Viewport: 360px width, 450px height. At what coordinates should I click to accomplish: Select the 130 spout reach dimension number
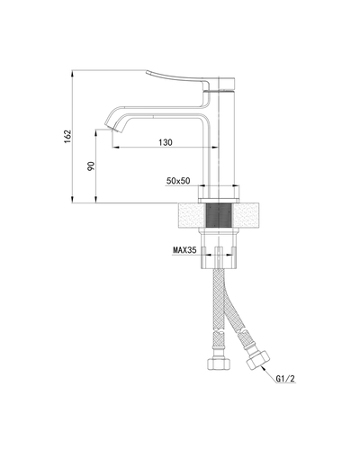tap(166, 142)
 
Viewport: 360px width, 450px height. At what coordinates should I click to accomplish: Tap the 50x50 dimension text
tap(180, 182)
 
